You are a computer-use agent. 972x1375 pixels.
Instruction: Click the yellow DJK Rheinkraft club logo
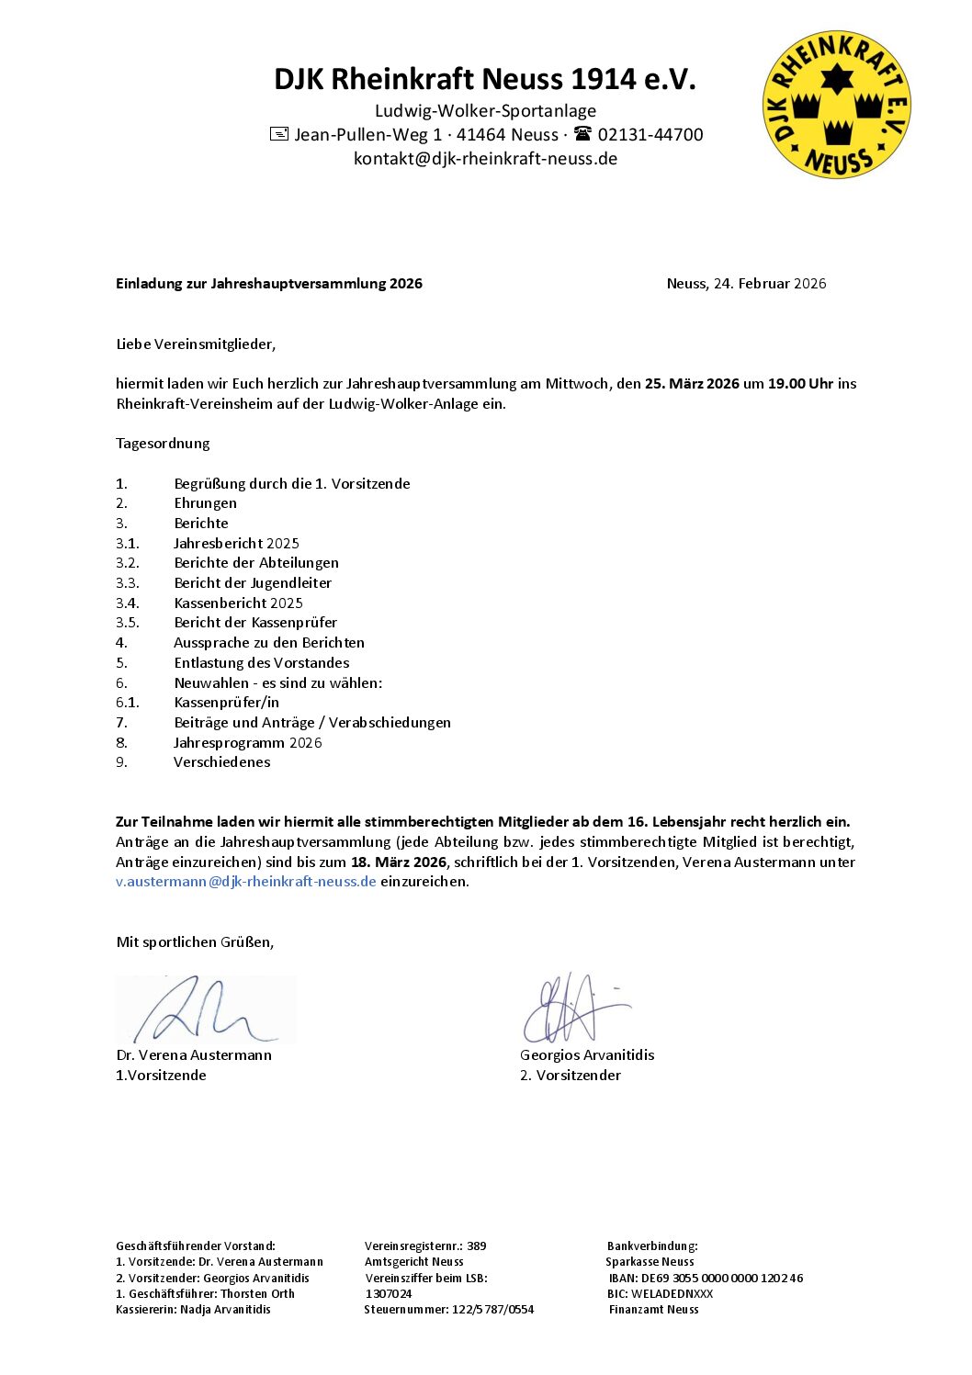point(836,104)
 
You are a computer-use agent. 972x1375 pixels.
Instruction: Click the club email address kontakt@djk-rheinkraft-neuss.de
point(485,159)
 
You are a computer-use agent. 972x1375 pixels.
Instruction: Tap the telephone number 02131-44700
point(650,135)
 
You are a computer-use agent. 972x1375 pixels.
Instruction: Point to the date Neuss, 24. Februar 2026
point(746,284)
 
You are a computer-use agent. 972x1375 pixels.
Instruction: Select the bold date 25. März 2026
point(692,384)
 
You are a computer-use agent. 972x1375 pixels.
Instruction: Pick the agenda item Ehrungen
point(205,503)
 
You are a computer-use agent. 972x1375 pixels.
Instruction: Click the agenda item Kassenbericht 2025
point(238,603)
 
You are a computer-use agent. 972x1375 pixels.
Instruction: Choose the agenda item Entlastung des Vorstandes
point(261,663)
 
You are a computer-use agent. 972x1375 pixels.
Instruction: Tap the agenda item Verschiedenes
point(221,762)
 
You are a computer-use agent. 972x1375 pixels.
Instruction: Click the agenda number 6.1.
point(128,703)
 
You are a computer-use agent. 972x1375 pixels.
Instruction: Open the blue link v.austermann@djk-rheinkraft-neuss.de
point(246,882)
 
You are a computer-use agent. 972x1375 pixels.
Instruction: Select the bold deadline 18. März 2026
point(398,862)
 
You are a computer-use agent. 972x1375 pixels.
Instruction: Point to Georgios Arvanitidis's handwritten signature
point(574,1009)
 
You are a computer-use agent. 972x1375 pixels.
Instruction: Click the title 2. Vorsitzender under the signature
point(570,1076)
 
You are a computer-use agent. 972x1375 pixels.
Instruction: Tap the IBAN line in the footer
point(706,1279)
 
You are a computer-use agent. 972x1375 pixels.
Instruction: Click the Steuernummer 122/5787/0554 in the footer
point(448,1310)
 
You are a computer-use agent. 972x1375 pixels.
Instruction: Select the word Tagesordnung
point(163,444)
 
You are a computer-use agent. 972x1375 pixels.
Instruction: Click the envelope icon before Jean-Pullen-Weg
point(279,134)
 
